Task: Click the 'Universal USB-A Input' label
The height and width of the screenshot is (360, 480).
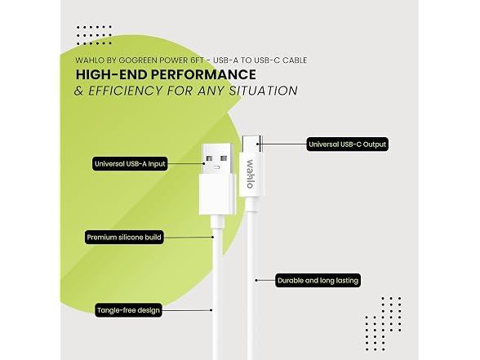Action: tap(130, 164)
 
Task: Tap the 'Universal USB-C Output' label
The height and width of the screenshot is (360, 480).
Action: tap(348, 144)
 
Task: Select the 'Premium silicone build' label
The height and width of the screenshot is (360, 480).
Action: tap(124, 238)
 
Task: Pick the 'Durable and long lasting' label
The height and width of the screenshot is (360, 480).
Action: tap(318, 281)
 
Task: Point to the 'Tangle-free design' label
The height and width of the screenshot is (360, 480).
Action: tap(128, 310)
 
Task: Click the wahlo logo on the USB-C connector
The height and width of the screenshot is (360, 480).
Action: tap(250, 174)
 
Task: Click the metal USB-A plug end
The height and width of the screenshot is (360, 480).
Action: tap(217, 159)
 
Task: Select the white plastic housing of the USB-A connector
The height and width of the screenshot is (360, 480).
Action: tap(217, 194)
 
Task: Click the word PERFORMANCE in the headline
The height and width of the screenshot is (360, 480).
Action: tap(203, 75)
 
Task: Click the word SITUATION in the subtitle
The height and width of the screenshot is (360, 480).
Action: tap(263, 91)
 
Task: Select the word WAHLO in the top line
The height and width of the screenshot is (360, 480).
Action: tap(90, 60)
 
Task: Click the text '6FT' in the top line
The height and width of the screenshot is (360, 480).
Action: tap(197, 60)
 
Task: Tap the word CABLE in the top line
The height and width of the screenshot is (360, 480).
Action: tap(295, 60)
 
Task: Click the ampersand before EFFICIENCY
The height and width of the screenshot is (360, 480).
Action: tap(79, 91)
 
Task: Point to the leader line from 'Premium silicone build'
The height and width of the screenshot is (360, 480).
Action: tap(189, 238)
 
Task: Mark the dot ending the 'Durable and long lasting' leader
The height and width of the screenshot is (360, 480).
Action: tap(256, 280)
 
